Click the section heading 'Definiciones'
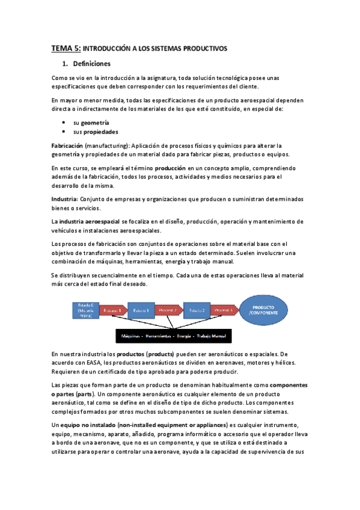coord(91,64)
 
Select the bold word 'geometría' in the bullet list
coord(96,122)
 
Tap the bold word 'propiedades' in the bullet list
coord(101,132)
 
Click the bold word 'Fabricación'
coord(67,146)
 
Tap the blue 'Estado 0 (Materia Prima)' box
coord(85,310)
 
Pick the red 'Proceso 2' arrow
coord(169,310)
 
